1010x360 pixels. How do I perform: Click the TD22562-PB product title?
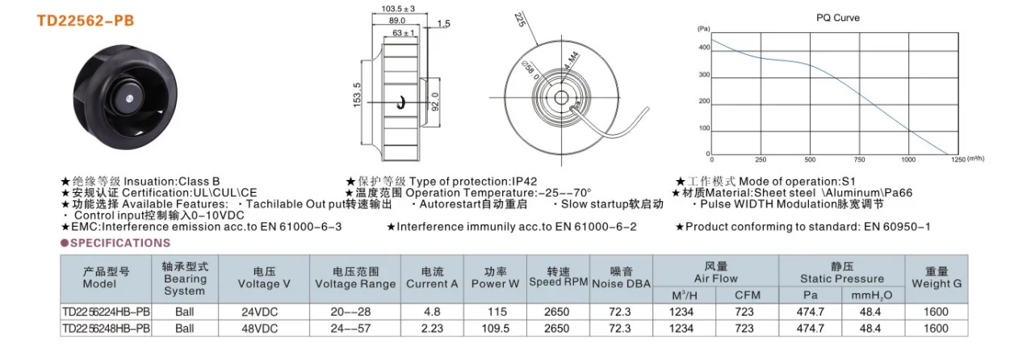86,21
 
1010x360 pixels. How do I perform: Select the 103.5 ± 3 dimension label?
398,9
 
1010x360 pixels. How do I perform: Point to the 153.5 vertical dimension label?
357,94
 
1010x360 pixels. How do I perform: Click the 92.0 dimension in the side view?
435,102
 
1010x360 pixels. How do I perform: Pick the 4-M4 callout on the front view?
572,61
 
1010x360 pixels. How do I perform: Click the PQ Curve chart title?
838,18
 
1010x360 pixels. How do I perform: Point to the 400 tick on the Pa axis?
704,48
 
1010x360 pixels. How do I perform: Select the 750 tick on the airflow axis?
859,160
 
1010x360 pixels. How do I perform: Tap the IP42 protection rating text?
525,182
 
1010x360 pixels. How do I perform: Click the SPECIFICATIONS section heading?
120,243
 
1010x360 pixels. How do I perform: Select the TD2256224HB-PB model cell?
106,312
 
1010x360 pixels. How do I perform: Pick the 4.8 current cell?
432,312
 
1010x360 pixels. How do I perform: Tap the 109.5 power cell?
495,329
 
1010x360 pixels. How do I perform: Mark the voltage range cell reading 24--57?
350,329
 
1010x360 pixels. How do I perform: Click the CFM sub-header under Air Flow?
747,295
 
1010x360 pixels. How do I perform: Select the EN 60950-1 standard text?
897,227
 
